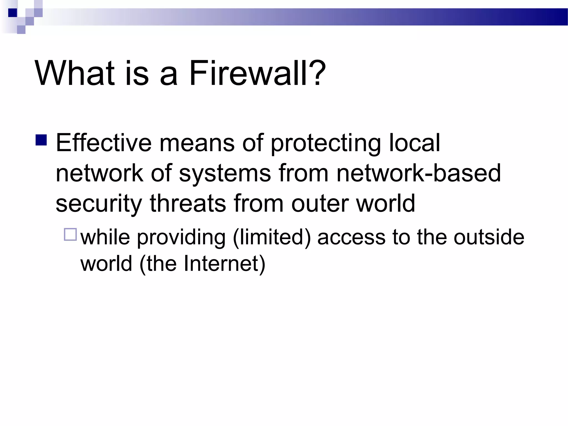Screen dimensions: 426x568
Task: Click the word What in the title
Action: [x=74, y=73]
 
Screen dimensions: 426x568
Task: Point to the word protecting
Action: [x=326, y=144]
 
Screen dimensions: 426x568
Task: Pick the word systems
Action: [x=225, y=174]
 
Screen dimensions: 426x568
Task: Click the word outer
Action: [x=320, y=204]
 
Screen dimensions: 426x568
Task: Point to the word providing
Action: [x=181, y=238]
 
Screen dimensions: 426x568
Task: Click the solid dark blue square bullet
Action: [x=41, y=140]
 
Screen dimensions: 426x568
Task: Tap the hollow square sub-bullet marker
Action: [x=70, y=234]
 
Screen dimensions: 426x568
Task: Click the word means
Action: [x=197, y=143]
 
